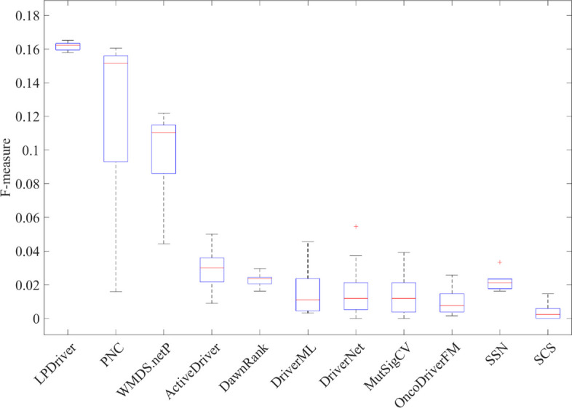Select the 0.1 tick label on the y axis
coord(34,150)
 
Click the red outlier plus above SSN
coord(500,262)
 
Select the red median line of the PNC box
coord(116,63)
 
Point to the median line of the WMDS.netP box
coord(164,132)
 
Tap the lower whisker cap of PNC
coord(116,292)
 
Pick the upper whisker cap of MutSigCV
coord(404,252)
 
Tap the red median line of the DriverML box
coord(308,300)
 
